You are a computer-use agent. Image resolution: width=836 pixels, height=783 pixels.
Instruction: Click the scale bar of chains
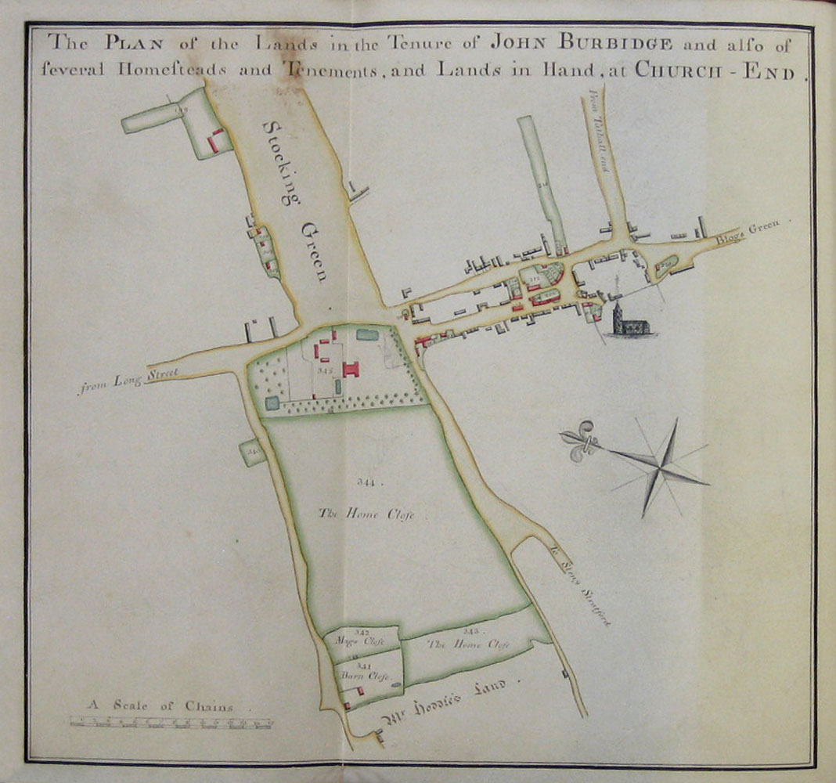pyautogui.click(x=171, y=723)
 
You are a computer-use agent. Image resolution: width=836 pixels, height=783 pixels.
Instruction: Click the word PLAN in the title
pyautogui.click(x=128, y=41)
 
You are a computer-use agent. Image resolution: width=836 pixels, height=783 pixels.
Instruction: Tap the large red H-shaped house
pyautogui.click(x=350, y=368)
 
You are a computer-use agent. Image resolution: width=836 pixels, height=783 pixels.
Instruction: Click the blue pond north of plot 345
pyautogui.click(x=366, y=335)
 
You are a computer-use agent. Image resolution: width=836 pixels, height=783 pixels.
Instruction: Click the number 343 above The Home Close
pyautogui.click(x=470, y=631)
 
